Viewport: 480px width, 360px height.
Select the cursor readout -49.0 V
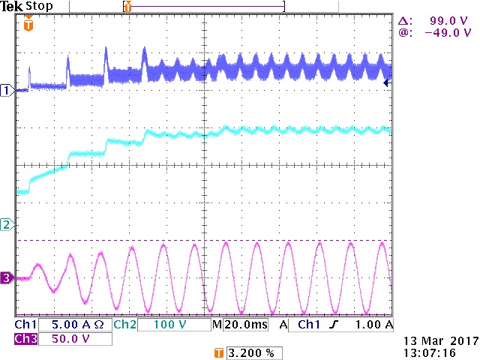448,33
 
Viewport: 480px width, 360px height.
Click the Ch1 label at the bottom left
25,325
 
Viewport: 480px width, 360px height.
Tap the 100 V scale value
170,325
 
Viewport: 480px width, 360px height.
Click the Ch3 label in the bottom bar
25,339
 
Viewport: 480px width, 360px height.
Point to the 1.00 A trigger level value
375,325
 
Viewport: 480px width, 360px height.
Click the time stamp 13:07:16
430,351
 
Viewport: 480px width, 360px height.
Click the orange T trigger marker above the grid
28,25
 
